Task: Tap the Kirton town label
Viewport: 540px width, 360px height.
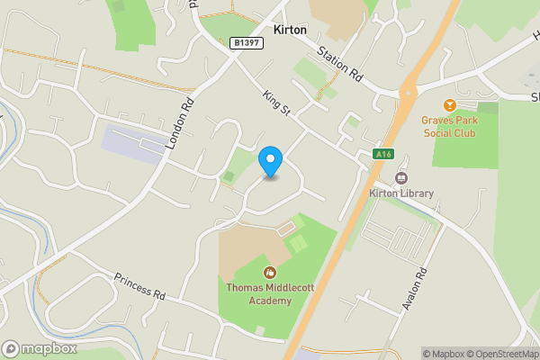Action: (x=290, y=30)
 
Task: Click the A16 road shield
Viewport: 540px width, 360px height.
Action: (x=383, y=154)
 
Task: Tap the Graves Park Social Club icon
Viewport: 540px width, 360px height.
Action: (x=450, y=105)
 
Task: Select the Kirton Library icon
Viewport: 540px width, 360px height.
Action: (x=401, y=178)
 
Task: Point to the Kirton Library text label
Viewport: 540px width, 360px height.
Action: (x=401, y=193)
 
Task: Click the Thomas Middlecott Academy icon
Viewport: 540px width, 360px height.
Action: (x=268, y=272)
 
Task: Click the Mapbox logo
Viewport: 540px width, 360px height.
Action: (x=40, y=348)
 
